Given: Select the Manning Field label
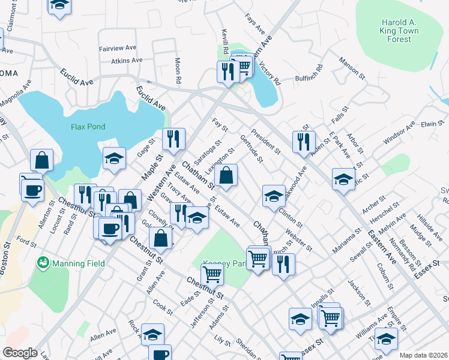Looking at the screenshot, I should coord(78,263).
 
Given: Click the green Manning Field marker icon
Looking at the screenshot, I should coord(43,262).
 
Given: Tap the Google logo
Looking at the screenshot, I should coord(19,353).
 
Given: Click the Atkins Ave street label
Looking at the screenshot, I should coord(127,61).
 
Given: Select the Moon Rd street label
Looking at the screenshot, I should coord(178,70).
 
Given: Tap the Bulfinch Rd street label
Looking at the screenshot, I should coord(309,78).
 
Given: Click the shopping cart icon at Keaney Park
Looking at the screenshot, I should coord(212,274).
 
